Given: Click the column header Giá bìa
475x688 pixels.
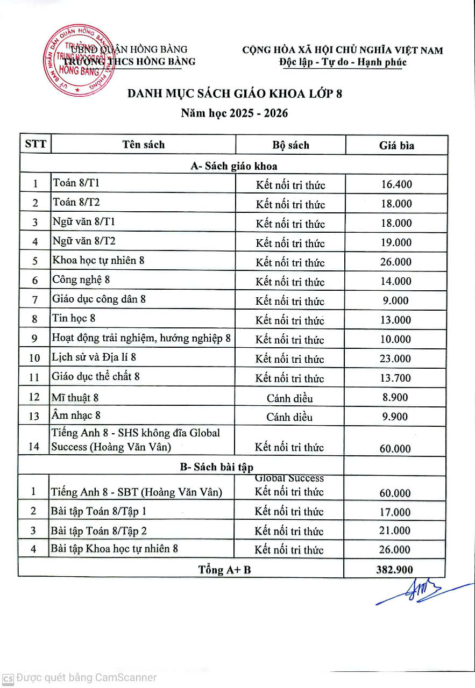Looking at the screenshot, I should click(x=396, y=145).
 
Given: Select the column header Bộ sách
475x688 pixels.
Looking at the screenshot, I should click(x=290, y=145).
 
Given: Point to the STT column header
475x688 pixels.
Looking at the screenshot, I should click(x=36, y=145).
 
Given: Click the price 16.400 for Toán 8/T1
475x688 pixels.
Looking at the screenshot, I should click(x=396, y=184).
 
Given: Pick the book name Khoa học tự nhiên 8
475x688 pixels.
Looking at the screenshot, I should click(x=98, y=261).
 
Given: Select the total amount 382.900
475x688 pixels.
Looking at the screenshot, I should click(x=395, y=570).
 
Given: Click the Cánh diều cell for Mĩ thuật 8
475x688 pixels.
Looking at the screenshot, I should click(x=290, y=398).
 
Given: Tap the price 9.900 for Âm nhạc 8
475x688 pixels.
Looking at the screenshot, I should click(x=395, y=417).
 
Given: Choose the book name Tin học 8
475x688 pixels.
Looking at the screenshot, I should click(x=74, y=318).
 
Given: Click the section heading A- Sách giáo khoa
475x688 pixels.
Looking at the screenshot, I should click(x=234, y=166).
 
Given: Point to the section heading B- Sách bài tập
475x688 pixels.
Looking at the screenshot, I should click(x=216, y=467).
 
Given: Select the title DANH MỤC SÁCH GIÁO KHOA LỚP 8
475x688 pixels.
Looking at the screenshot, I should click(x=235, y=94).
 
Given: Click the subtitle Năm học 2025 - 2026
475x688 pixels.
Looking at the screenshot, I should click(x=234, y=113).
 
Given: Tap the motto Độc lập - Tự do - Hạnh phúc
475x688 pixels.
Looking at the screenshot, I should click(x=343, y=62).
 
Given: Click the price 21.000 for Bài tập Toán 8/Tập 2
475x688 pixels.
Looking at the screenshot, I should click(x=395, y=531).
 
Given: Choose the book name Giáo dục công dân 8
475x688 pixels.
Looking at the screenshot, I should click(x=99, y=299).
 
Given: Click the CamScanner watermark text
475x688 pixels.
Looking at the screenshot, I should click(x=86, y=678).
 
